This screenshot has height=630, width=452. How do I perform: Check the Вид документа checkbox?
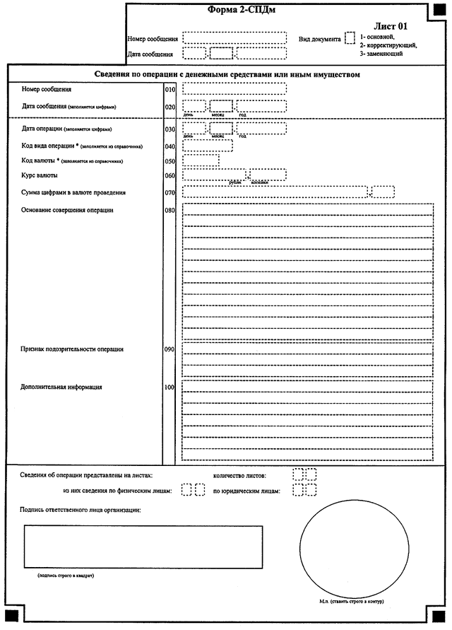350,38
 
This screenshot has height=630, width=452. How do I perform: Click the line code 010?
169,91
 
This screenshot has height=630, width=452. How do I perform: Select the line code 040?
169,146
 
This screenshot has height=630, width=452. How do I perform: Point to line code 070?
169,192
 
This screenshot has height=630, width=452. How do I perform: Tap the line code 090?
169,349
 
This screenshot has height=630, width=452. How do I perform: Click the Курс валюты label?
40,175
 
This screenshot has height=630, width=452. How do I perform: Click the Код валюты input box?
201,161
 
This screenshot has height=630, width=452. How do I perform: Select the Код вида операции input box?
207,146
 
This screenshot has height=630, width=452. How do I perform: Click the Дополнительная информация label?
62,387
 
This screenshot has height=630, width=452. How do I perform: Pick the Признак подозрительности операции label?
73,349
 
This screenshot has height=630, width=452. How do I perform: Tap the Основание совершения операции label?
68,210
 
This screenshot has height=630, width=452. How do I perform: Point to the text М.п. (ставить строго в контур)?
351,602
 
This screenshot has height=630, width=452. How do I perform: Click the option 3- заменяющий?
381,54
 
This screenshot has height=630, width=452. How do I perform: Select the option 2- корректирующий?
388,45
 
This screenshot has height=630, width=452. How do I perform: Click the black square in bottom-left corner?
11,612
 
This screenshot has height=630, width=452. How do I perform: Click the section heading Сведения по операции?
227,74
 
